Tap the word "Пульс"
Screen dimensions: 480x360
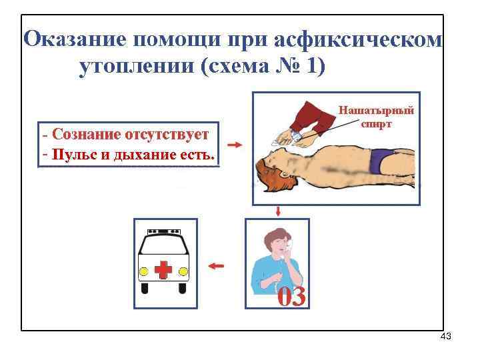coord(73,155)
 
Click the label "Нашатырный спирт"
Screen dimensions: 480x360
coord(376,116)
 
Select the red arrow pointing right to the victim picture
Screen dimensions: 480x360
coord(234,144)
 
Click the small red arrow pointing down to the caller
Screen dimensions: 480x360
coord(277,211)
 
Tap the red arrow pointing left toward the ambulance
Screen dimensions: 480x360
coord(215,265)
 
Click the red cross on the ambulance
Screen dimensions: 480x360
coord(163,270)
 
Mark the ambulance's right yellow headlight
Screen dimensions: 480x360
coord(183,271)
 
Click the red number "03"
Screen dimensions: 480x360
coord(291,297)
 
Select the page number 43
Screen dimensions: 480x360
coord(446,337)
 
